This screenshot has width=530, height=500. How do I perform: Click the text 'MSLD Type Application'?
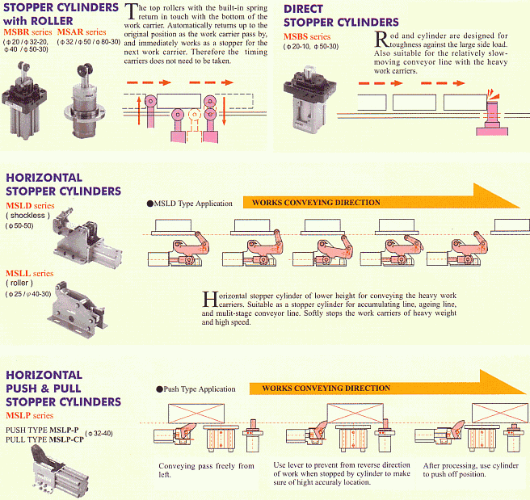pyautogui.click(x=192, y=204)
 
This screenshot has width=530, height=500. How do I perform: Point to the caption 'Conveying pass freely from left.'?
pyautogui.click(x=206, y=471)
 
